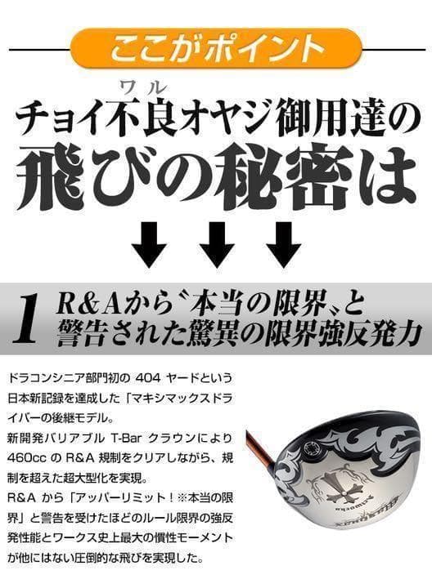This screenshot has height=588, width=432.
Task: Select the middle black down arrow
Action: coord(216,243)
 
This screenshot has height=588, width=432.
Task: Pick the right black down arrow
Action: coord(283,243)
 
